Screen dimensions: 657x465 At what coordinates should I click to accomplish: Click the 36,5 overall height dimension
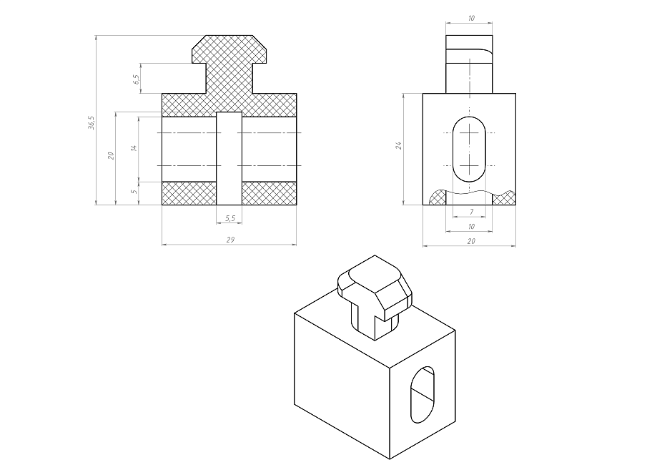coord(92,122)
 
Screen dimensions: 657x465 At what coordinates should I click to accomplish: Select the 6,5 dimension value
coord(136,79)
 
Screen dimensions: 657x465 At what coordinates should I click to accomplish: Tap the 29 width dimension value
coord(230,240)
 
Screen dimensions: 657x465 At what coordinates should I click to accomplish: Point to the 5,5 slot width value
coord(230,218)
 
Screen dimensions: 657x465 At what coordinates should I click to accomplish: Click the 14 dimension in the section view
coord(134,148)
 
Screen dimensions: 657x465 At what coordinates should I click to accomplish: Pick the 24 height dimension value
coord(399,145)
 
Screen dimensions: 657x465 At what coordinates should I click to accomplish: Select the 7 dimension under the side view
coord(471,212)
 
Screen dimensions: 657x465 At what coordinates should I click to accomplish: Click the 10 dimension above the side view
coord(471,18)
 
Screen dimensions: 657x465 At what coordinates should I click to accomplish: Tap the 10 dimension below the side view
coord(471,227)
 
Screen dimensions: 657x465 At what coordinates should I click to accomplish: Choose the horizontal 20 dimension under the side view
coord(471,241)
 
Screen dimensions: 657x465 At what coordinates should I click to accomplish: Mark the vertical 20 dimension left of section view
coord(111,155)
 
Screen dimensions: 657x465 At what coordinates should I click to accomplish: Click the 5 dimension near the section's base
coord(134,192)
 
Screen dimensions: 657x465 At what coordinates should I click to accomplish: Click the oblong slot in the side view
coord(469,150)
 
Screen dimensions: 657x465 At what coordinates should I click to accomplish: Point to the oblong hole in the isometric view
coord(423,395)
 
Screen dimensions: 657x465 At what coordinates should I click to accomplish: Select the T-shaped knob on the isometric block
coord(375,297)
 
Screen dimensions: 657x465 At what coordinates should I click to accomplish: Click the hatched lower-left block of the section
coord(189,193)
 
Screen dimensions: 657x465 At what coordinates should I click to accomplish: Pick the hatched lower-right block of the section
coord(269,193)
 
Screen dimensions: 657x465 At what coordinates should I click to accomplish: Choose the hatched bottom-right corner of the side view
coord(503,198)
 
